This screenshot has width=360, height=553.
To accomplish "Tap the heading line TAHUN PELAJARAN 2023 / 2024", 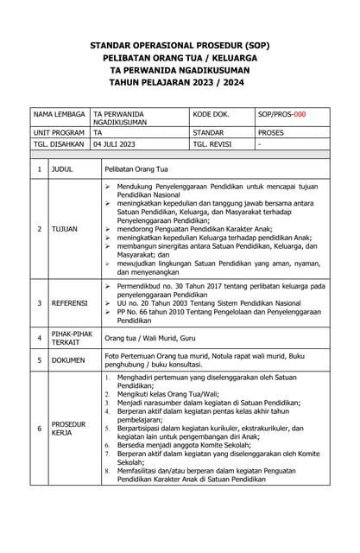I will tap(180, 85).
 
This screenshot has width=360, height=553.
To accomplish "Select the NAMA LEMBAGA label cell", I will tap(60, 113).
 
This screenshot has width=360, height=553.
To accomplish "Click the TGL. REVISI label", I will tap(212, 144).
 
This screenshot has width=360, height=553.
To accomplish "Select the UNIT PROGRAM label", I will tap(59, 132).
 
